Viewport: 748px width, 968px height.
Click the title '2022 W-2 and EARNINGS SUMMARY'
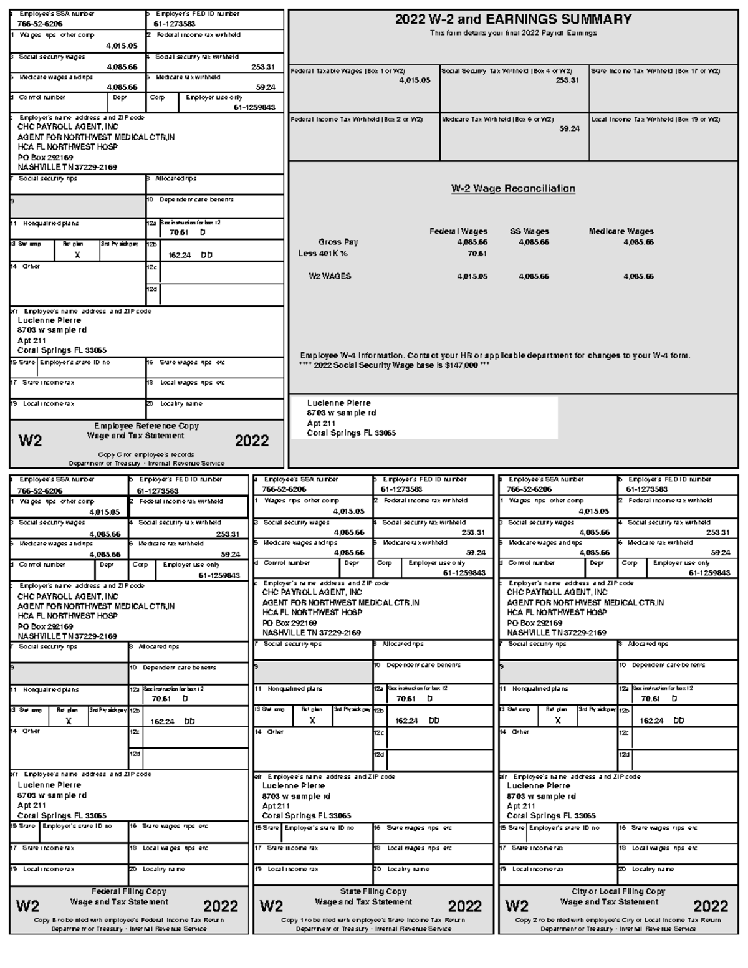click(513, 19)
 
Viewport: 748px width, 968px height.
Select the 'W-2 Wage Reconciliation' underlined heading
click(513, 189)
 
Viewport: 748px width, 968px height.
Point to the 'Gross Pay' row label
click(338, 242)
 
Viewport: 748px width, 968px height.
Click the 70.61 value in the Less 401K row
click(477, 254)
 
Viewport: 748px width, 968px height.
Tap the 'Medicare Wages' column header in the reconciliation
click(621, 231)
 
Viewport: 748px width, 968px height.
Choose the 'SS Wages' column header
click(529, 231)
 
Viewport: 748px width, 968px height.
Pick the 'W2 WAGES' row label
click(330, 276)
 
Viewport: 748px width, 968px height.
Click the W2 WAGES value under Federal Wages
click(472, 276)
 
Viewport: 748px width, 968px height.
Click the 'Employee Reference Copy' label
click(146, 426)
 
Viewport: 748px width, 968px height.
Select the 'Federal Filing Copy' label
click(129, 891)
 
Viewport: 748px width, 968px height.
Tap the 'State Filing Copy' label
click(373, 891)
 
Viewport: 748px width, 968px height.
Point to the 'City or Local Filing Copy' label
click(618, 891)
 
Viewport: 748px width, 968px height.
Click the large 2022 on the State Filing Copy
click(464, 906)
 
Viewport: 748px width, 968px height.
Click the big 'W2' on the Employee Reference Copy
click(31, 441)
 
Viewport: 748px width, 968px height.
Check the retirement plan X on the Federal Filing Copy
click(69, 721)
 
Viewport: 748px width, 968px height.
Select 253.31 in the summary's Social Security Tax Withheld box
click(567, 80)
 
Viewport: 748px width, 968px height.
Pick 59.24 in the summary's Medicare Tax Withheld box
click(569, 128)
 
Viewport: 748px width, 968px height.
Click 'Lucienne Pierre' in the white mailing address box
click(338, 403)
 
